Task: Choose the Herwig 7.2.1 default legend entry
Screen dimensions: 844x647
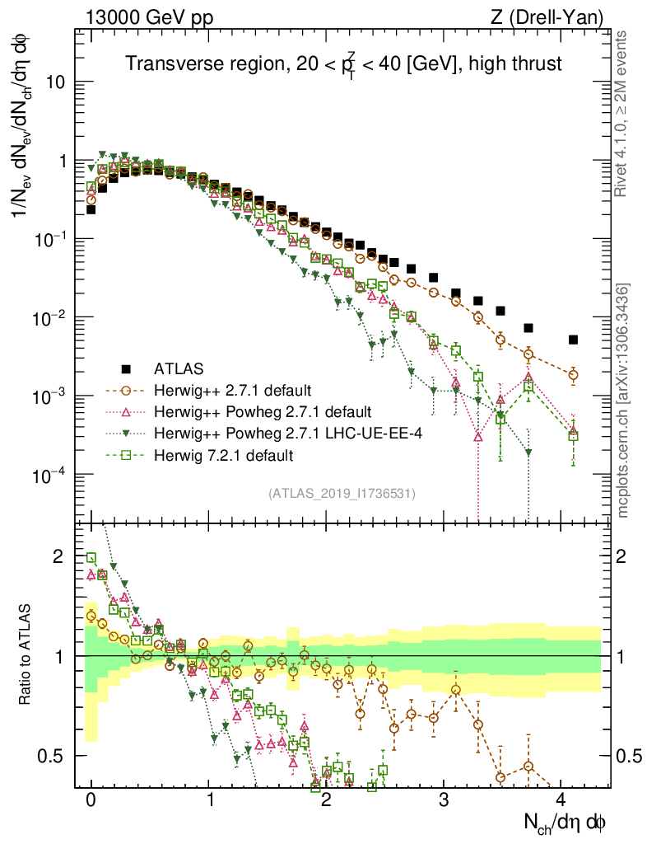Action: [x=224, y=454]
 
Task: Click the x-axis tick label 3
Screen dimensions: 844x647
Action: [x=444, y=799]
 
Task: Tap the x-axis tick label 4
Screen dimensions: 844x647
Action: [x=561, y=799]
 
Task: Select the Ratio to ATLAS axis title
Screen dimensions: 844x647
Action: [x=27, y=654]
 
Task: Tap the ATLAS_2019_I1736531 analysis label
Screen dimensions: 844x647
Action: [x=342, y=494]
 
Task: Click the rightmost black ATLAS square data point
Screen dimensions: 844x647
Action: [x=573, y=340]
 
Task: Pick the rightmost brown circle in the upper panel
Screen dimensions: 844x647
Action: [x=573, y=374]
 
